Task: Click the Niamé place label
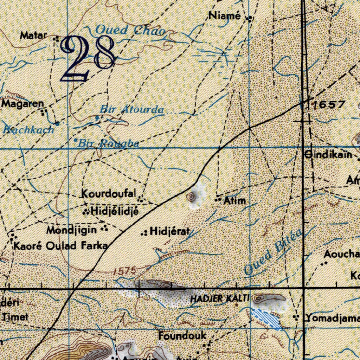(224, 15)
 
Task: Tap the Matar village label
(33, 35)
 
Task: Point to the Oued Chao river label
(130, 31)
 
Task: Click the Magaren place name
(23, 104)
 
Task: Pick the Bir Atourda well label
(132, 109)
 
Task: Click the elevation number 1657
(329, 104)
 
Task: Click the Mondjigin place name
(72, 230)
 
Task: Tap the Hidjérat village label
(170, 231)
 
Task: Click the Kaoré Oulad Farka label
(60, 246)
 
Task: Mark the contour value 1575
(125, 271)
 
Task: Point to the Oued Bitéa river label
(273, 252)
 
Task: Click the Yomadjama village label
(332, 318)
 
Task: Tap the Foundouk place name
(182, 336)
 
